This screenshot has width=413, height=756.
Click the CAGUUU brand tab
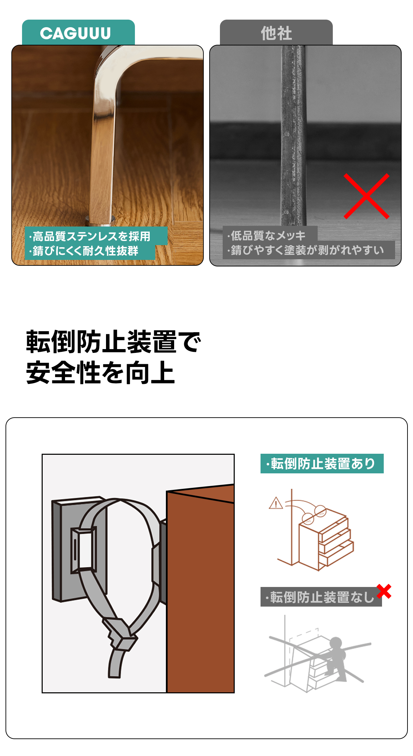pos(78,33)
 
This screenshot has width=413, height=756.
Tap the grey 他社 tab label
pos(276,33)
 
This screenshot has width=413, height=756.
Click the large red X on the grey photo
pos(367,196)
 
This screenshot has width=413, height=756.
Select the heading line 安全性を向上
pos(100,372)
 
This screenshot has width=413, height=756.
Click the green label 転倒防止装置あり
pos(322,464)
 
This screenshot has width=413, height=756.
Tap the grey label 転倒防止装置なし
pos(321,597)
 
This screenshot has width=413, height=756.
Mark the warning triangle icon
pos(276,503)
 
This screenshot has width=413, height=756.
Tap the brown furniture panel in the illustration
pos(201,589)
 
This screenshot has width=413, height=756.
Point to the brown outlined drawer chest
pos(326,539)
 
